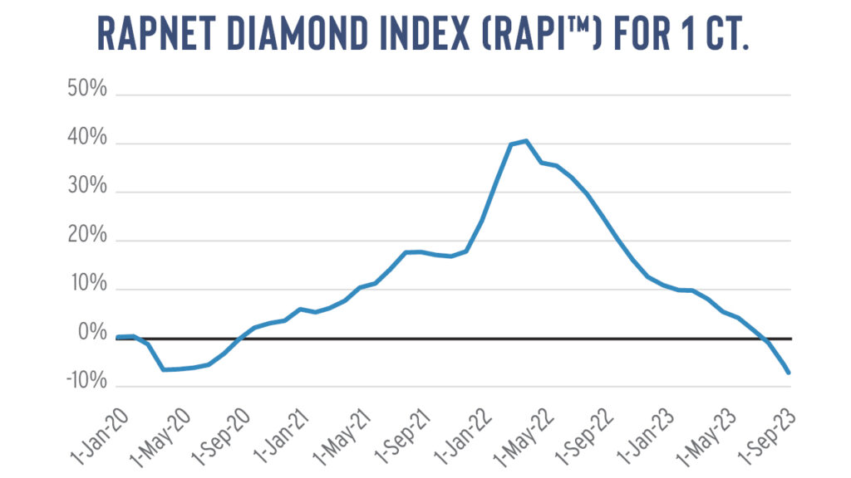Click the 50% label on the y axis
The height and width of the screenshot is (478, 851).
pyautogui.click(x=87, y=88)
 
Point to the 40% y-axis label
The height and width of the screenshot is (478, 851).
pyautogui.click(x=87, y=137)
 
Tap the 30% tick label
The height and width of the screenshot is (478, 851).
pyautogui.click(x=87, y=186)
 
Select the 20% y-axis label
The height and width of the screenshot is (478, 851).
pyautogui.click(x=87, y=235)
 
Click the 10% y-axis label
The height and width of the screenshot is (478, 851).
pyautogui.click(x=89, y=284)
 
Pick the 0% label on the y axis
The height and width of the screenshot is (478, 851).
pyautogui.click(x=93, y=332)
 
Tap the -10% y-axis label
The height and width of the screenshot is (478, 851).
pyautogui.click(x=86, y=381)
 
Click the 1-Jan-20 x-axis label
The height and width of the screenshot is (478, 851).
pyautogui.click(x=101, y=437)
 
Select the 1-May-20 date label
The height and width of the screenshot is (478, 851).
pyautogui.click(x=160, y=437)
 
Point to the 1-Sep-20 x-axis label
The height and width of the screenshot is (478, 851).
pyautogui.click(x=221, y=437)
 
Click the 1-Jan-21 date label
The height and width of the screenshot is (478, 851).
pyautogui.click(x=282, y=437)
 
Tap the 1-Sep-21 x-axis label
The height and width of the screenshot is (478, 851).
pyautogui.click(x=403, y=437)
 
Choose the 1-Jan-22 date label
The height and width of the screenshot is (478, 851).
pyautogui.click(x=463, y=437)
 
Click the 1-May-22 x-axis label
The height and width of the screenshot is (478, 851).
pyautogui.click(x=524, y=437)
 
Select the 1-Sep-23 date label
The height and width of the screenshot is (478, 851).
pyautogui.click(x=767, y=437)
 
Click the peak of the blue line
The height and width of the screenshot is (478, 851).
pyautogui.click(x=525, y=141)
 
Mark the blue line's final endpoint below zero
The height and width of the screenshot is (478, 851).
pyautogui.click(x=789, y=373)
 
